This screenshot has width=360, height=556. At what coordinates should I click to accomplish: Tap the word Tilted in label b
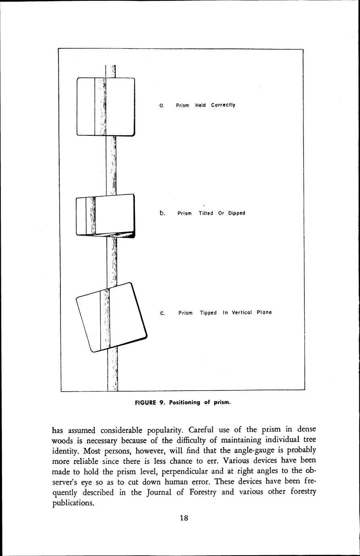[206, 213]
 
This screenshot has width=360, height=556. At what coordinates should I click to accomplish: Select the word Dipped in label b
[237, 213]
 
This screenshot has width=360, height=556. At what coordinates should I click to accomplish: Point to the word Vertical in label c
[242, 312]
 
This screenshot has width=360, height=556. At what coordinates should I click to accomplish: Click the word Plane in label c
[264, 312]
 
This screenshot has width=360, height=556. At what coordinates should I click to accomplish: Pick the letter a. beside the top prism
[161, 106]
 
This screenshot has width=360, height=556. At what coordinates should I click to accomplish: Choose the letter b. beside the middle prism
[162, 213]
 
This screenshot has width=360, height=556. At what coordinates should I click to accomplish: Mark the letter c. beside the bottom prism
[162, 313]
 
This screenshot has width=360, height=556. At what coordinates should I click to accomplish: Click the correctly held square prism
[106, 107]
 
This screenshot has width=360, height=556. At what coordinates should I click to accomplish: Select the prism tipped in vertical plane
[112, 317]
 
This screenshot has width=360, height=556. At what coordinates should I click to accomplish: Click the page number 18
[184, 518]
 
